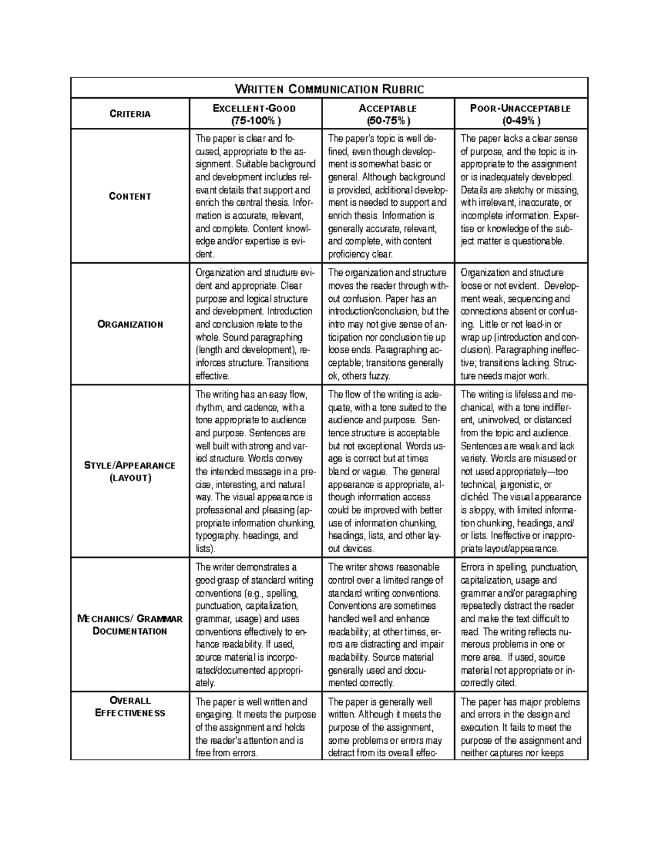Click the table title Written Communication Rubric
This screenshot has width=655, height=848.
(329, 89)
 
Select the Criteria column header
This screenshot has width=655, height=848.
(130, 114)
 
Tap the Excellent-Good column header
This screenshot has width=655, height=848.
(254, 108)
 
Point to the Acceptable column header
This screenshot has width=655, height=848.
(388, 108)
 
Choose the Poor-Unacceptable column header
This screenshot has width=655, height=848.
(520, 108)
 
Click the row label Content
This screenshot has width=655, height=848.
(130, 197)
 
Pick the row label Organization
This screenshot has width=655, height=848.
(130, 324)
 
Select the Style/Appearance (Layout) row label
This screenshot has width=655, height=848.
(130, 472)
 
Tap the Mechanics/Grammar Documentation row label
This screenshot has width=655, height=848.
(130, 625)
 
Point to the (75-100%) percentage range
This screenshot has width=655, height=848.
(254, 121)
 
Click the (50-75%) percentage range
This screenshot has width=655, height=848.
(388, 121)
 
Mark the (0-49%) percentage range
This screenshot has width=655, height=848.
(520, 121)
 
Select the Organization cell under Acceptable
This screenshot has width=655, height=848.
(388, 324)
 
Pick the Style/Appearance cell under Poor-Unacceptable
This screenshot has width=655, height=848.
(521, 472)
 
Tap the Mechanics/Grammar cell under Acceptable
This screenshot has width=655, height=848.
(388, 625)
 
